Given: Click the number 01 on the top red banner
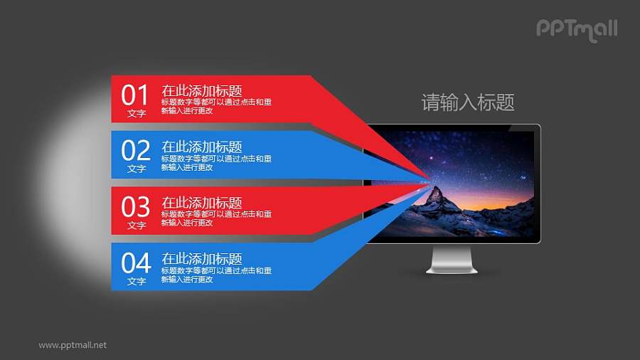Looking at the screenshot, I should point(135,95).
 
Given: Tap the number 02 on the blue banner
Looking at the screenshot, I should point(135,151).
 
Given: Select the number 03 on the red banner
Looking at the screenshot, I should point(135,207).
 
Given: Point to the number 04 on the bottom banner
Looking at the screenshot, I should point(135,263).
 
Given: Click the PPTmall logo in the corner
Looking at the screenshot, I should point(576,29).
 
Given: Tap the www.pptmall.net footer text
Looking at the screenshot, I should point(73,345).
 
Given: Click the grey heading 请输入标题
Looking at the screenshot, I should point(468,103).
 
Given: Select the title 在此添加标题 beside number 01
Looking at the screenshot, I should point(202,90).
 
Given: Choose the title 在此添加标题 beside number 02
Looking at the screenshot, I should point(202,147).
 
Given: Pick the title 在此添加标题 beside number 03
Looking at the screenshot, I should point(202,203).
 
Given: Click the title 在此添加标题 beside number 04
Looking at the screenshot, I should point(202,259).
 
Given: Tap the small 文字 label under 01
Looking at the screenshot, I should point(136,113).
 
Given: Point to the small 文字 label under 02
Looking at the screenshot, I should point(136,169).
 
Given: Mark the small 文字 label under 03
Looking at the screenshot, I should point(136,226).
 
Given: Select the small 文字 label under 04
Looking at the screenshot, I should point(136,282).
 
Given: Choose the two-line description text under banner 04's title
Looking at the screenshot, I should point(215,275).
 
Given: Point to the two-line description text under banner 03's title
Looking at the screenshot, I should point(215,218).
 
